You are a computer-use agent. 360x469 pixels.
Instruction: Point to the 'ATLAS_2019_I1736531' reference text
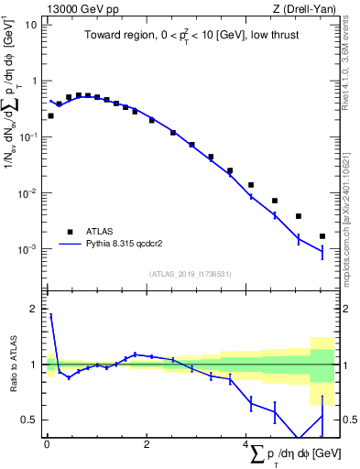188,274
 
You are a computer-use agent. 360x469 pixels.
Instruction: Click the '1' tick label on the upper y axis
34,81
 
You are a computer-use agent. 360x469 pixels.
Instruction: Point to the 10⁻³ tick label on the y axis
27,249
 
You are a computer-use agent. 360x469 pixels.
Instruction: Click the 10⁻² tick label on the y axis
27,193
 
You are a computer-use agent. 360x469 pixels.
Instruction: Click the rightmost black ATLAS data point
322,236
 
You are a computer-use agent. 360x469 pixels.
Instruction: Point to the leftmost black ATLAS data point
50,116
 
